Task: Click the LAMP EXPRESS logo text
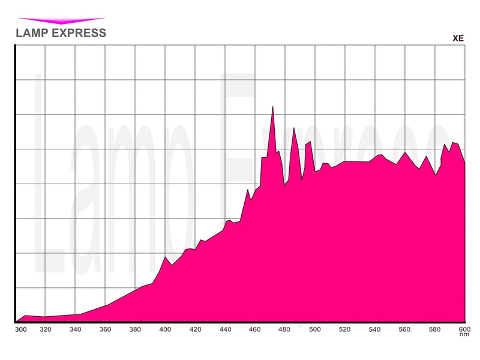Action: click(x=61, y=33)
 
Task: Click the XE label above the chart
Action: click(x=458, y=38)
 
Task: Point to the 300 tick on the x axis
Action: click(x=20, y=329)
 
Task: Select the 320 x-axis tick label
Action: click(x=46, y=329)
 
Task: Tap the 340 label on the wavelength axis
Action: click(x=76, y=329)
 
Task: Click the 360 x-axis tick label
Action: click(x=106, y=329)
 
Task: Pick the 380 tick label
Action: click(x=136, y=329)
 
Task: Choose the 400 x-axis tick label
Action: click(x=166, y=329)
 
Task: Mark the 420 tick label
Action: click(x=196, y=329)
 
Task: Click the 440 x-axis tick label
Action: click(x=226, y=329)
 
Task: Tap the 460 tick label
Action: click(x=256, y=329)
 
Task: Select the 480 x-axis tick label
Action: click(x=286, y=329)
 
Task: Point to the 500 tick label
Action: click(x=314, y=329)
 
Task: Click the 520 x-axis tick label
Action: click(x=345, y=329)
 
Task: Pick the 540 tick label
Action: click(x=375, y=329)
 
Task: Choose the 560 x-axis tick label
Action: click(x=405, y=329)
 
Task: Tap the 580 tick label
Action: click(x=435, y=329)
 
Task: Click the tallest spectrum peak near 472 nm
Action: click(x=273, y=107)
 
